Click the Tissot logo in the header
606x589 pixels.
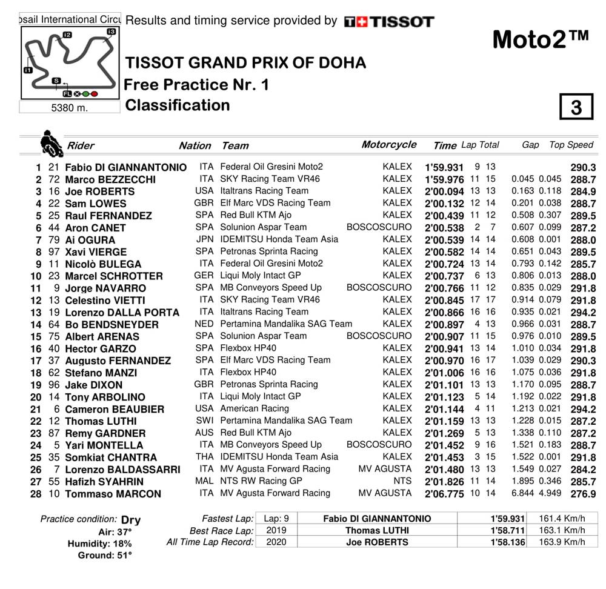(388, 22)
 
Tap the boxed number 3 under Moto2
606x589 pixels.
(576, 107)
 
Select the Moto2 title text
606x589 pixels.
(540, 39)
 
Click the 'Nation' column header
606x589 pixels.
(195, 145)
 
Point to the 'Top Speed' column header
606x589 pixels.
(571, 145)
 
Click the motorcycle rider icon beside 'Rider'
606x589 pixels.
(51, 144)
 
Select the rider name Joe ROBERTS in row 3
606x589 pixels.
(99, 191)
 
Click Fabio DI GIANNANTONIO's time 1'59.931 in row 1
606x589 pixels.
(444, 167)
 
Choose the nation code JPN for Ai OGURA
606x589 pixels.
(205, 239)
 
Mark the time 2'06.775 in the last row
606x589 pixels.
(444, 494)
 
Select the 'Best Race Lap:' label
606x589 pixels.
(221, 530)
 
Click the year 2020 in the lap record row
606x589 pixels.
(277, 542)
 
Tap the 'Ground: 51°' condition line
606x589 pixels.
(104, 554)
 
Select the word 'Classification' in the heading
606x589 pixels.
(178, 105)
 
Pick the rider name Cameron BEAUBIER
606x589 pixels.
(115, 409)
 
